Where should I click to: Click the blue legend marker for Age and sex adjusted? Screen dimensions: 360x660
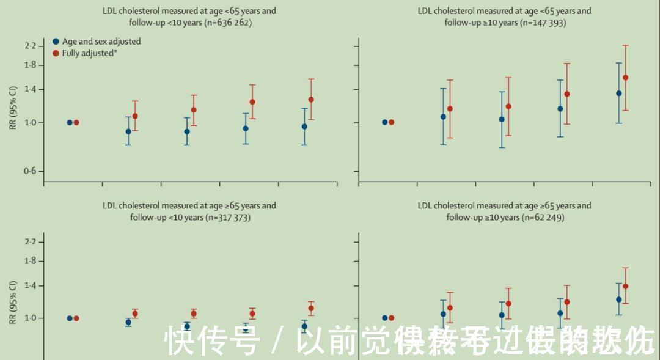(56, 42)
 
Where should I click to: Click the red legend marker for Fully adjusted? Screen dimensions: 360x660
(56, 53)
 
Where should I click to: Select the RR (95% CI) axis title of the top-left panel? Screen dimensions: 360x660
(13, 108)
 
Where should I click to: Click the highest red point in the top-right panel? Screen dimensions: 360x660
(625, 78)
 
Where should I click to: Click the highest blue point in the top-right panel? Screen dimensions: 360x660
(618, 93)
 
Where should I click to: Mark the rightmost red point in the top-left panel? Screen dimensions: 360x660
(311, 99)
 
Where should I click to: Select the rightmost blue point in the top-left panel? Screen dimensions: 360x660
(304, 127)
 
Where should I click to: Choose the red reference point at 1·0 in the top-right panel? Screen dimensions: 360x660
(391, 122)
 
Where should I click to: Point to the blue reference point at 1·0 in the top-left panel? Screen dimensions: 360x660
(70, 122)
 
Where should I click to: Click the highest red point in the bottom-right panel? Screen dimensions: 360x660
(625, 286)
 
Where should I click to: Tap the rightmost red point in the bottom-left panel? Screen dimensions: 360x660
(311, 308)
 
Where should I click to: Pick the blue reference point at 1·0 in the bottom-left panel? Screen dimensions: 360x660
(70, 318)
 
